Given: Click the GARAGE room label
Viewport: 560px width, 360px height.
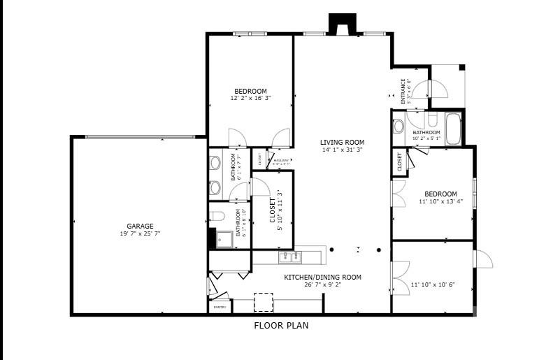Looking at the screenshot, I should coord(140,226).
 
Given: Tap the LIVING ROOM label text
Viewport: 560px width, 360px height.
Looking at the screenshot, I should coord(343,142).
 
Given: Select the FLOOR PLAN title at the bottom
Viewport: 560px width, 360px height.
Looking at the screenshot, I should coord(280,325).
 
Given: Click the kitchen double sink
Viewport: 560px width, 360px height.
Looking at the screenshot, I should coord(287,258).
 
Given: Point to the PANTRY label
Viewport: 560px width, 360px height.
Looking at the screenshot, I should coord(219,307).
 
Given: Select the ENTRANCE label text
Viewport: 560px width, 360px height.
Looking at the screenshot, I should coord(403,91).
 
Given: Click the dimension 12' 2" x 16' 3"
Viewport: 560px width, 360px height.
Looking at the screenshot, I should coord(250,99).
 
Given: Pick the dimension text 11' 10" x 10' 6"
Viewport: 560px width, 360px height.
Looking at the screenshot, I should coord(433,285).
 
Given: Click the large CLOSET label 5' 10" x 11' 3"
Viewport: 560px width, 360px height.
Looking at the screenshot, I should coord(273,210).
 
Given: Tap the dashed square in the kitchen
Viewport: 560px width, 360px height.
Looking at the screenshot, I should coord(264,302).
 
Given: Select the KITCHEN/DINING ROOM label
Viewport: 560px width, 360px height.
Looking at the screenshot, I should coord(322,277).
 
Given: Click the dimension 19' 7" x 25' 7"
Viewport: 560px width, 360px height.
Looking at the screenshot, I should coord(140,233).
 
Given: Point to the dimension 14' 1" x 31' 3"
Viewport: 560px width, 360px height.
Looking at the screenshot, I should coord(343,150).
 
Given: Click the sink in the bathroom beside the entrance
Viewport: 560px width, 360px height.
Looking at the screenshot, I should coord(399,126).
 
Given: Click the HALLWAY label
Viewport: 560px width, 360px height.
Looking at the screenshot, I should coord(282,161).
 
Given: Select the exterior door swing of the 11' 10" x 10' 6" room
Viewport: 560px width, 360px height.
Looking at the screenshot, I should coord(484,259).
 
